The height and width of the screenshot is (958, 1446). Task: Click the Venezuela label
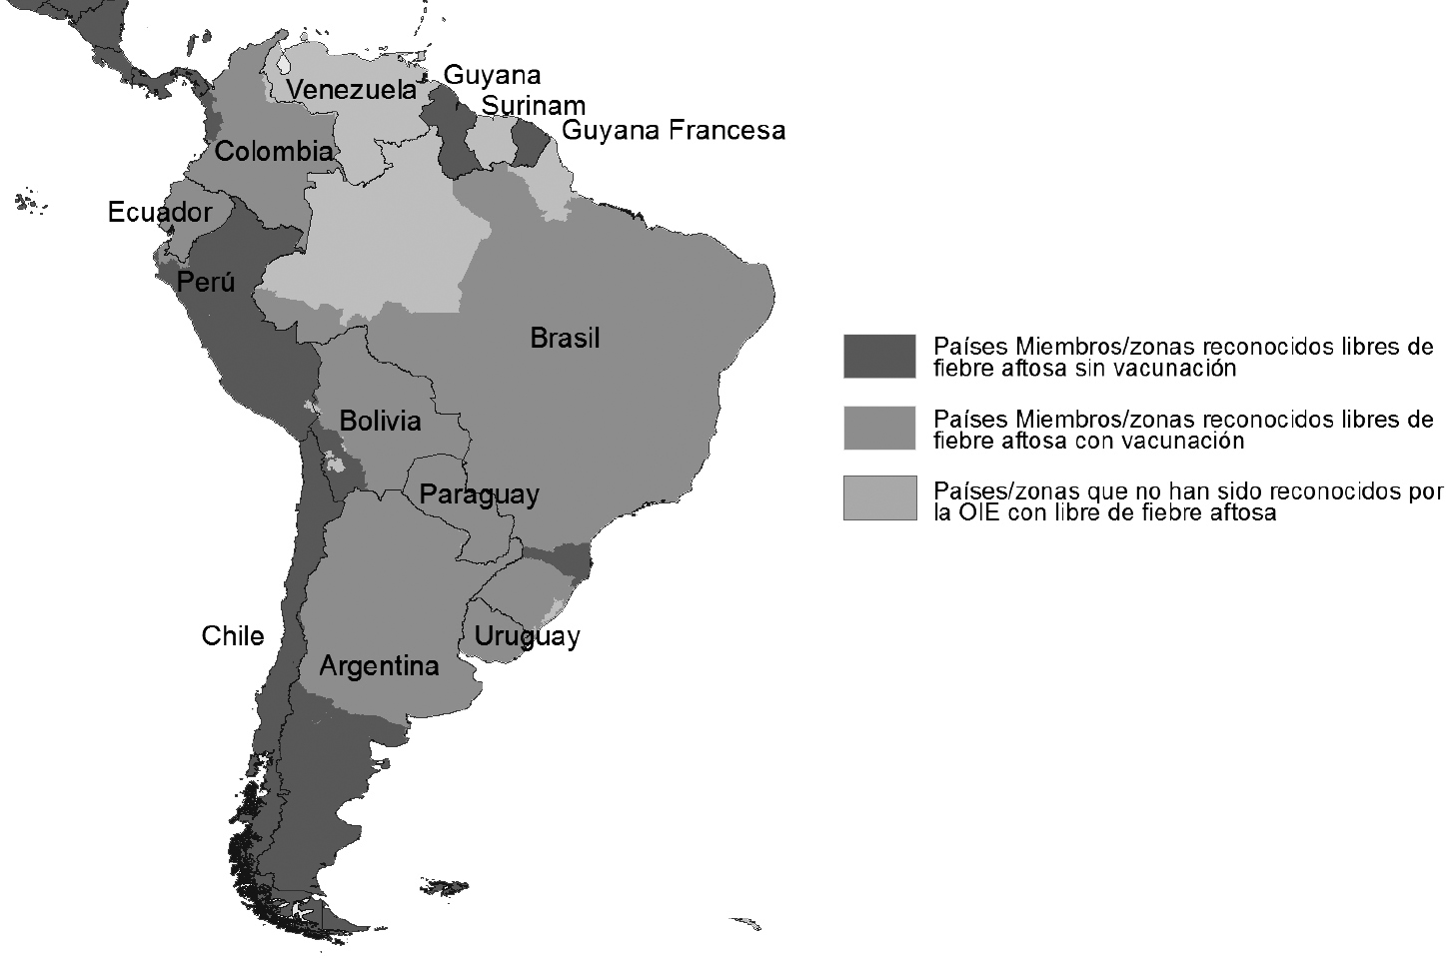pos(351,90)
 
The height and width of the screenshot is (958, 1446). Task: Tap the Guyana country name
pos(492,75)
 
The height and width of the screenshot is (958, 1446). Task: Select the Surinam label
pos(533,106)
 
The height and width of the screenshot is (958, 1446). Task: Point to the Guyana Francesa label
pos(673,131)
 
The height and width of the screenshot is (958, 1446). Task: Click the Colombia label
pos(273,152)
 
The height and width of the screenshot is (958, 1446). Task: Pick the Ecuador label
pos(160,213)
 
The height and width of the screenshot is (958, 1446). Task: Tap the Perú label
pos(206,283)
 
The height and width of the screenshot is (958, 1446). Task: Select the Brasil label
pos(565,339)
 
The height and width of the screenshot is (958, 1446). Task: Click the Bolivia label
pos(380,421)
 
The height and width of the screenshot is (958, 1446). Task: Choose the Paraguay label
pos(479,494)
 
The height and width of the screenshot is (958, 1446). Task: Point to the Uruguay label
pos(527,636)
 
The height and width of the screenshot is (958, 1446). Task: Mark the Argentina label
pos(379,666)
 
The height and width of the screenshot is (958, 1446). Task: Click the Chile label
pos(233,636)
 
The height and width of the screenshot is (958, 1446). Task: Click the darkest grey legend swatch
pos(878,356)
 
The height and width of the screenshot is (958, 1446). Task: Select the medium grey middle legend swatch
pos(878,428)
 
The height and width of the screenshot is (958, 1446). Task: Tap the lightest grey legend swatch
pos(878,497)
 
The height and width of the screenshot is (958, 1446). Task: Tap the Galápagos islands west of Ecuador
pos(31,204)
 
